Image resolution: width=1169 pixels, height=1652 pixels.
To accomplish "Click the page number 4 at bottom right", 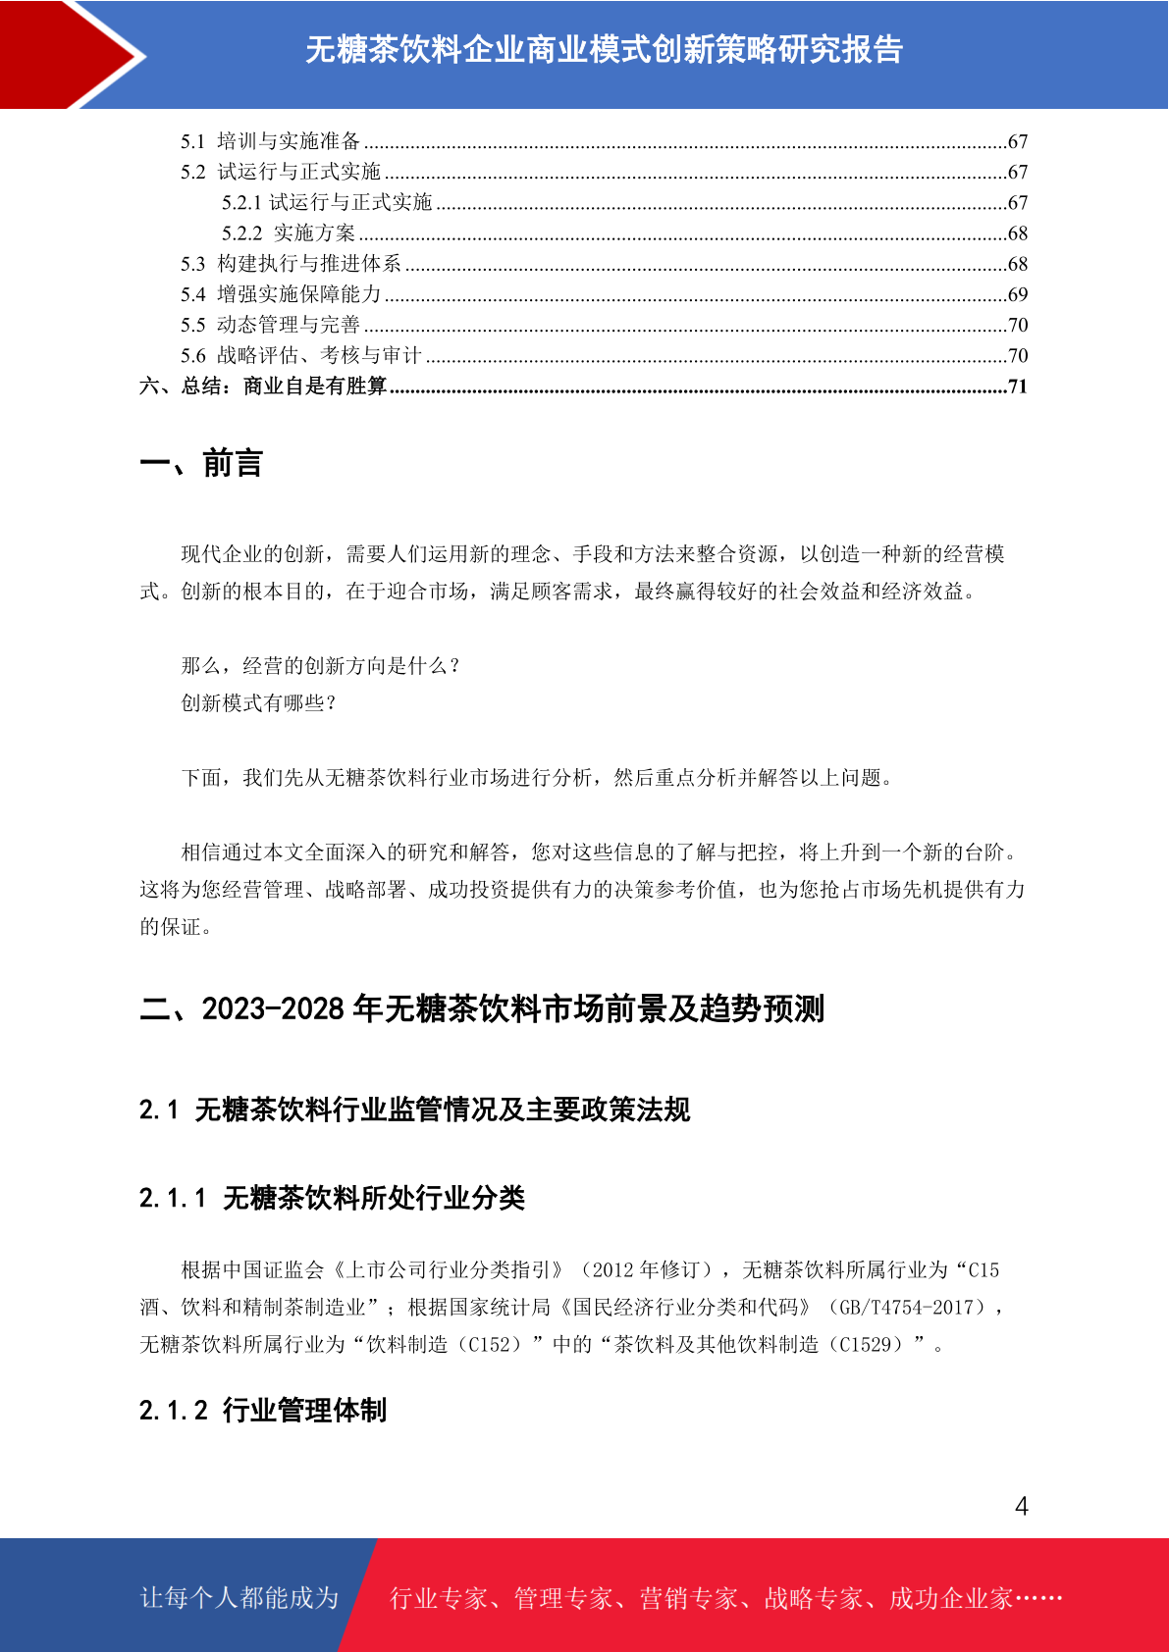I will [1021, 1506].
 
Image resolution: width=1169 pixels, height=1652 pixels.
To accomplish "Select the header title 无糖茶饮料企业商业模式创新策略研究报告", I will [604, 49].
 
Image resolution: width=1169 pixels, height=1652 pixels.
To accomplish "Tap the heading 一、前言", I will [201, 463].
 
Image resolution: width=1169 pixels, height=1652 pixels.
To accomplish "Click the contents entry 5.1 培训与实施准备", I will [271, 141].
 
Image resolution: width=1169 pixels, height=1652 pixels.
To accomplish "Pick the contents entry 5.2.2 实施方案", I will [289, 233].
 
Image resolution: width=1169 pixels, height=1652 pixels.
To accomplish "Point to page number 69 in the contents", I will [1018, 294].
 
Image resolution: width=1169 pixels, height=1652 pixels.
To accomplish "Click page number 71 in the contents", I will [1018, 387].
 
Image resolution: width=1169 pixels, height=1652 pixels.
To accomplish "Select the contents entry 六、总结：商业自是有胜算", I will [263, 387].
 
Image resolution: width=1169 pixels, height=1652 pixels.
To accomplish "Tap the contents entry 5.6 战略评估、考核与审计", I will [300, 355].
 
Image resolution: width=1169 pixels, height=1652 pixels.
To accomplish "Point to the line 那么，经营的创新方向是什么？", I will [321, 666].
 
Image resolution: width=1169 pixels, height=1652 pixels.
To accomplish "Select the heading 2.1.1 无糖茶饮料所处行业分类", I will [332, 1198].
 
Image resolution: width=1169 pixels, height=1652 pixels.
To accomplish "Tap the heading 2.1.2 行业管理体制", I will [263, 1411].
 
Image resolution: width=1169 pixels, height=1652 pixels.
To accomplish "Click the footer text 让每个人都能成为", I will [239, 1598].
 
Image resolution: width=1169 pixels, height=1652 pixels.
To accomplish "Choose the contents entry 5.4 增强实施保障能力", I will [281, 294].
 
